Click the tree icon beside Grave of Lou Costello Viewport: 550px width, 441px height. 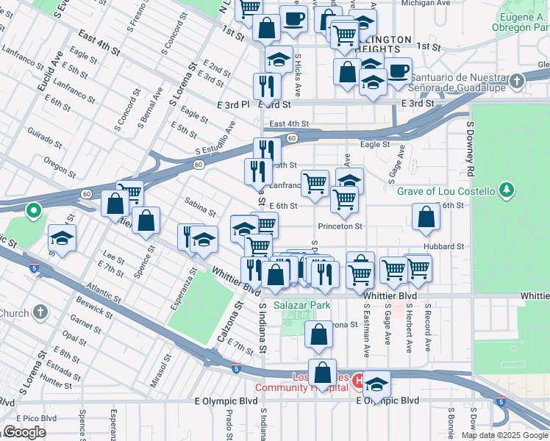point(506,191)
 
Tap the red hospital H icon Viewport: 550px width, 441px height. point(358,381)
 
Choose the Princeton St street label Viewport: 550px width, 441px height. point(340,226)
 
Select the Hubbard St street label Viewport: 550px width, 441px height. point(443,247)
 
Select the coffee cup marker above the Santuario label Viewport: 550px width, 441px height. point(399,72)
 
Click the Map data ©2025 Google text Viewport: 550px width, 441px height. point(504,435)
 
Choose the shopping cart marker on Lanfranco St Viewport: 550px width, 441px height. point(315,182)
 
